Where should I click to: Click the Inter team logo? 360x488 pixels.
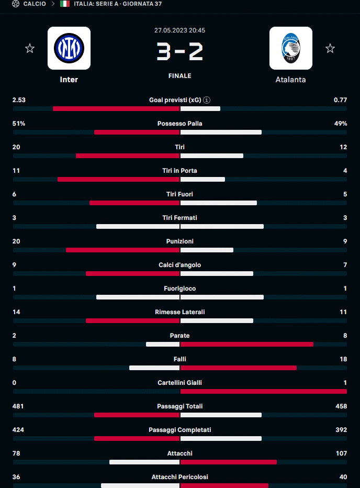pos(69,48)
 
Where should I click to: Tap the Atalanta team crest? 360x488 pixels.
pos(290,48)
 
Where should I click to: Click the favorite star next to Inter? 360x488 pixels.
pos(30,49)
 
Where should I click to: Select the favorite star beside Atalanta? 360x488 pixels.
pos(330,49)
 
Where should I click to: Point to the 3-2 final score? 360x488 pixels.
pos(179,52)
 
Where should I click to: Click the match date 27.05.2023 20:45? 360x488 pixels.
pos(179,30)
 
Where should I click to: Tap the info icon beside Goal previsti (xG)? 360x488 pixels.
pos(207,100)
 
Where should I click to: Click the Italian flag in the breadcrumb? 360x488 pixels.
pos(65,4)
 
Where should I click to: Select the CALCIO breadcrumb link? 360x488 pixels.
pos(35,4)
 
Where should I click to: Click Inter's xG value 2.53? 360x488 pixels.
pos(19,100)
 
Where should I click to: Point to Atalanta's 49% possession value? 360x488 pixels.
pos(341,124)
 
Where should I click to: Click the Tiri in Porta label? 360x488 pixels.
pos(179,171)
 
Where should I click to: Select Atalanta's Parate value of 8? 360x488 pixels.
pos(345,336)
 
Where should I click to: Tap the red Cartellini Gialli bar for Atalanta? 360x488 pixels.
pos(263,391)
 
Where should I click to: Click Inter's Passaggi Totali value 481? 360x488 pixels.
pos(18,406)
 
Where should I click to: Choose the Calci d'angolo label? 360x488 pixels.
pos(179,265)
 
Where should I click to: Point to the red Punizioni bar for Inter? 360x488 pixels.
pos(122,250)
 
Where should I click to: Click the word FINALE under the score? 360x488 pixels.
pos(179,76)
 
